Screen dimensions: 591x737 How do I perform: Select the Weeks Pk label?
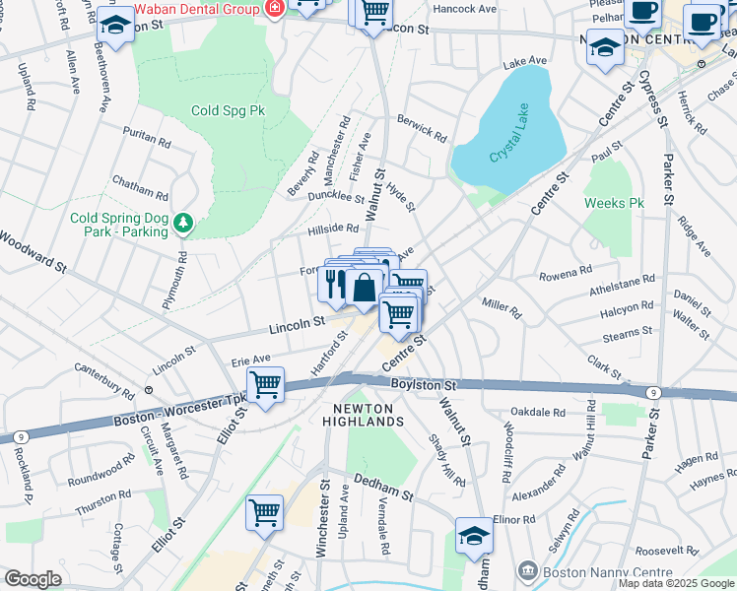tap(613, 203)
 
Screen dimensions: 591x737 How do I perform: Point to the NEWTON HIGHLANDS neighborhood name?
tap(364, 415)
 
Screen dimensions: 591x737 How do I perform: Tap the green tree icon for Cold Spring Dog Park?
tap(182, 225)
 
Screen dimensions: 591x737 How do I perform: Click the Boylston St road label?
tap(425, 385)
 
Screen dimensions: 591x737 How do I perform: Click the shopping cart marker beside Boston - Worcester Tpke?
tap(266, 384)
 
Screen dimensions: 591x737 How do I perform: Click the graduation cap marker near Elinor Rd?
tap(474, 537)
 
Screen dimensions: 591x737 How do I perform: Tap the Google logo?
tap(33, 579)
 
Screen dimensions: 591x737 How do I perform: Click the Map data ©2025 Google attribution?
tap(676, 584)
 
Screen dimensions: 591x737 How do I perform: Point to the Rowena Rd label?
tap(566, 269)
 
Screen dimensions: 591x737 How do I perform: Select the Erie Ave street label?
tap(250, 360)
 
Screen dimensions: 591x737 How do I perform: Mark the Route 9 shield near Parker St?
tap(653, 393)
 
